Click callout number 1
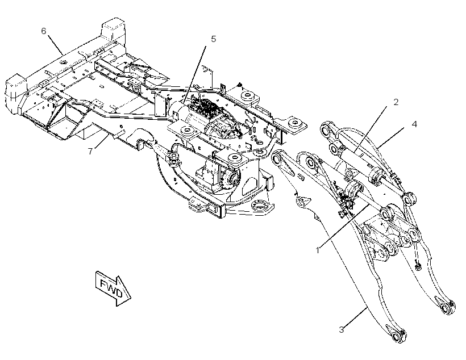pyautogui.click(x=318, y=250)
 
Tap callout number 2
pyautogui.click(x=396, y=102)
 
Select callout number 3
pyautogui.click(x=342, y=329)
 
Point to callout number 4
pyautogui.click(x=414, y=124)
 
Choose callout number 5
pyautogui.click(x=213, y=39)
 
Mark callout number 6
pyautogui.click(x=44, y=31)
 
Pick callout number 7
pyautogui.click(x=90, y=151)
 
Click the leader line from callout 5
pyautogui.click(x=194, y=75)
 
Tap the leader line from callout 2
pyautogui.click(x=371, y=129)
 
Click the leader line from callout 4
pyautogui.click(x=392, y=137)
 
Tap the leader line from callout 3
pyautogui.click(x=356, y=317)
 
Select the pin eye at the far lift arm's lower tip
pyautogui.click(x=446, y=308)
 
